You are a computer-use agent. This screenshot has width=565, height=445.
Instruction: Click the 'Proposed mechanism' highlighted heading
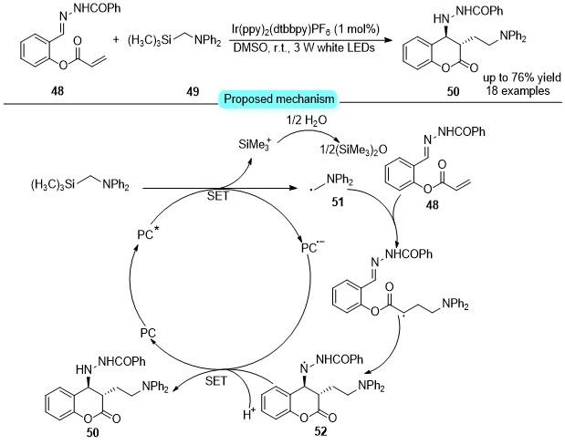pos(279,98)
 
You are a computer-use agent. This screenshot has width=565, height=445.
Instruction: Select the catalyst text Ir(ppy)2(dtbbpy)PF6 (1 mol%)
pos(305,29)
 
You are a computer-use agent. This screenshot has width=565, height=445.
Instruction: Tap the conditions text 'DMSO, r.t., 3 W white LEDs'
pos(304,47)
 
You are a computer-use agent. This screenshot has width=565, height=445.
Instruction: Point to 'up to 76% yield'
pos(522,78)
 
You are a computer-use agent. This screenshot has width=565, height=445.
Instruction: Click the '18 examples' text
pos(518,90)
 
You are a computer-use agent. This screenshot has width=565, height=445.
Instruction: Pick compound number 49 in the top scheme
pos(193,91)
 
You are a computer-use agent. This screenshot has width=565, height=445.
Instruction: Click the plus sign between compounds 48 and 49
pos(116,39)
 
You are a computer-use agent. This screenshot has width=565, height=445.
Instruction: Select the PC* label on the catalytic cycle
pos(148,234)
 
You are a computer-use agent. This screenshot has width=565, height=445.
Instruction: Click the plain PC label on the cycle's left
pos(148,333)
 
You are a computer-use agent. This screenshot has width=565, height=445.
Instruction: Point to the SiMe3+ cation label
pos(255,144)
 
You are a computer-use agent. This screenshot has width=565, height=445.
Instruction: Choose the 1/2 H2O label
pos(307,119)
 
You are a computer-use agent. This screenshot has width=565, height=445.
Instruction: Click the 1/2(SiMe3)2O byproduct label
pos(353,149)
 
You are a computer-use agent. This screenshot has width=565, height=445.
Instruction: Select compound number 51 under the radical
pos(338,202)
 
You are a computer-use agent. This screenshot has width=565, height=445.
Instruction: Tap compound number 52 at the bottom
pos(320,431)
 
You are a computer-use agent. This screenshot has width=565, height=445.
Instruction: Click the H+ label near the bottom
pos(248,414)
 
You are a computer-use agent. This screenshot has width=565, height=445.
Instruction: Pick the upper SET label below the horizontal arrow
pos(217,196)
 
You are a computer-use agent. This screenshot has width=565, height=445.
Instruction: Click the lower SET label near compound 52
pos(216,381)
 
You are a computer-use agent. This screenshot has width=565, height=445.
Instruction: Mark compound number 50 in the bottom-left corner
pos(92,432)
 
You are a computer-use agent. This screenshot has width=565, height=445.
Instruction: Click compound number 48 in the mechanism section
pos(433,204)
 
